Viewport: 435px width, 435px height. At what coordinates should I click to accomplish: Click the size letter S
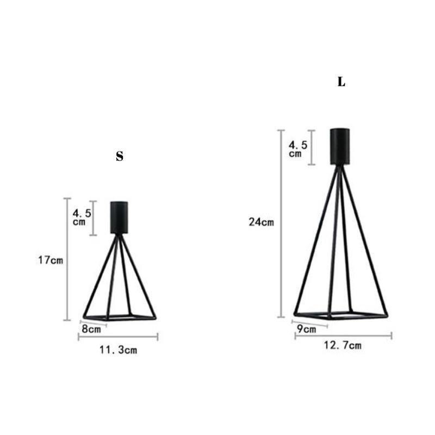point(120,157)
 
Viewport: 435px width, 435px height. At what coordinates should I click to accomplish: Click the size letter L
point(341,82)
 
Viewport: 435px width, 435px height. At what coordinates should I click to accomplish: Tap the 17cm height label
point(51,260)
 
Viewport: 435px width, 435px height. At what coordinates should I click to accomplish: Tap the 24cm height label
point(262,222)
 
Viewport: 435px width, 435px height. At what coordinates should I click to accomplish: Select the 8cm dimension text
point(91,329)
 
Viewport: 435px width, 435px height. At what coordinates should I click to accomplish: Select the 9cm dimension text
point(306,329)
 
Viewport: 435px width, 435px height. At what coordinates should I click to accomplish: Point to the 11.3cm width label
point(117,350)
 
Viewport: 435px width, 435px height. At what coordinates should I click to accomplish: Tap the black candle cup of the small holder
point(119,217)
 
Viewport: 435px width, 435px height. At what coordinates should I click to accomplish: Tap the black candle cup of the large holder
point(340,146)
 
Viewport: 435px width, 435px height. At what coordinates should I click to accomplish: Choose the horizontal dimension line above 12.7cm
point(343,335)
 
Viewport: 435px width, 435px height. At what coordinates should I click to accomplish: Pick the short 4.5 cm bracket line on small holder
point(94,217)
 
